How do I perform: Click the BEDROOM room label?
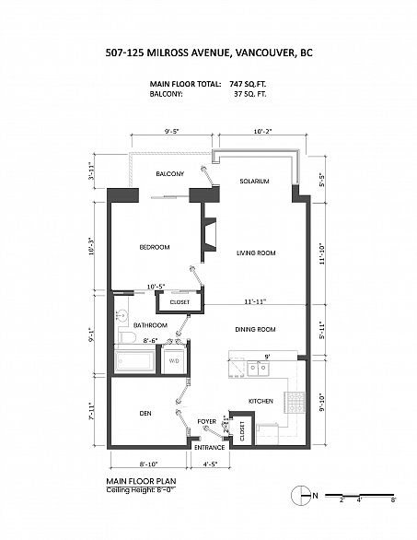pyautogui.click(x=155, y=247)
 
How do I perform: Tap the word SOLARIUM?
pyautogui.click(x=254, y=181)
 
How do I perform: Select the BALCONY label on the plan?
pyautogui.click(x=170, y=173)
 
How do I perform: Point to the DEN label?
pyautogui.click(x=145, y=413)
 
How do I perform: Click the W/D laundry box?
pyautogui.click(x=174, y=360)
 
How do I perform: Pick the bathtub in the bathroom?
pyautogui.click(x=135, y=361)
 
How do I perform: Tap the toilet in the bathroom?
pyautogui.click(x=126, y=336)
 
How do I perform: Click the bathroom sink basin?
pyautogui.click(x=122, y=315)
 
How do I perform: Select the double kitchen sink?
pyautogui.click(x=258, y=369)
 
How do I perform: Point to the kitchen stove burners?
pyautogui.click(x=297, y=403)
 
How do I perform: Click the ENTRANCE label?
pyautogui.click(x=210, y=447)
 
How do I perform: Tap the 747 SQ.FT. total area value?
pyautogui.click(x=248, y=84)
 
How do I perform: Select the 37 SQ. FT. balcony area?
pyautogui.click(x=249, y=94)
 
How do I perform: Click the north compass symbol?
pyautogui.click(x=301, y=496)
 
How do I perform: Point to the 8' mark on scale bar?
pyautogui.click(x=393, y=500)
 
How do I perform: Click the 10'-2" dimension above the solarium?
pyautogui.click(x=263, y=131)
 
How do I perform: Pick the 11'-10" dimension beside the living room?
pyautogui.click(x=322, y=254)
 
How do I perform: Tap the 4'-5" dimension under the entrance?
pyautogui.click(x=209, y=464)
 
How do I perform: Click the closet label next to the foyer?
pyautogui.click(x=242, y=431)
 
